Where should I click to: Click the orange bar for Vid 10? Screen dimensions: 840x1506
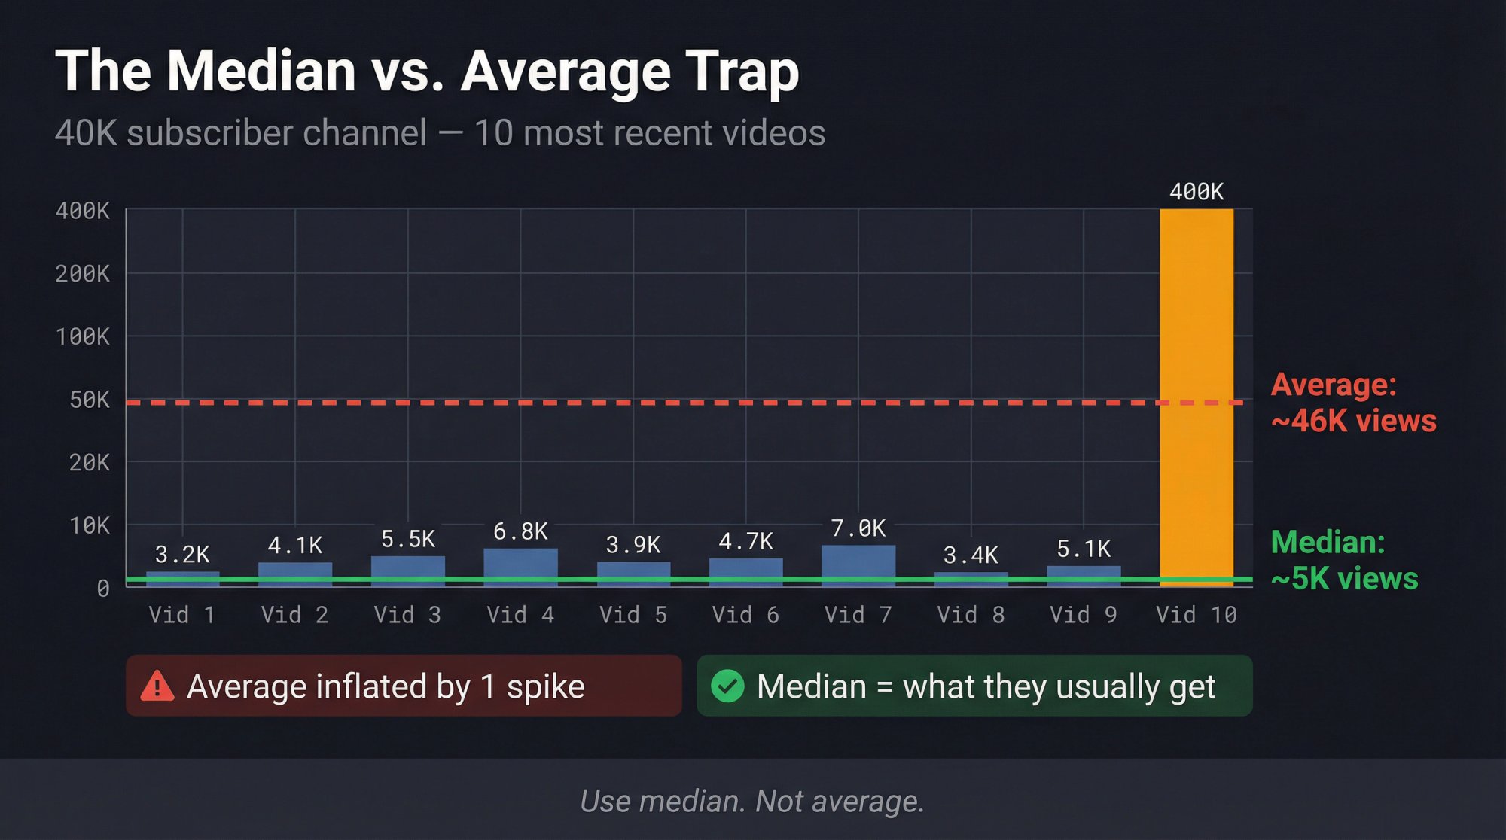pyautogui.click(x=1196, y=391)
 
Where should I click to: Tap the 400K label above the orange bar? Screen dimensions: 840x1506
pyautogui.click(x=1196, y=192)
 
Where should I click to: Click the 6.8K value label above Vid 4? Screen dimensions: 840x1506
pyautogui.click(x=520, y=531)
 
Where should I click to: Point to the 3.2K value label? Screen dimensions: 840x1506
pyautogui.click(x=182, y=555)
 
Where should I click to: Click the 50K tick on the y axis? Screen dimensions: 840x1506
pyautogui.click(x=89, y=400)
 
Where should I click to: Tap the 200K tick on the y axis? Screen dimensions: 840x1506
pyautogui.click(x=82, y=273)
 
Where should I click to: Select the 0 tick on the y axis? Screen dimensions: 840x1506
pyautogui.click(x=103, y=589)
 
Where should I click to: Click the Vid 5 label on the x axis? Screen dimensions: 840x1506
pyautogui.click(x=633, y=615)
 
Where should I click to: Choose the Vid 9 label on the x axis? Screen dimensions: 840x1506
pyautogui.click(x=1083, y=615)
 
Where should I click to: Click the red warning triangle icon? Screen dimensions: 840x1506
pyautogui.click(x=157, y=686)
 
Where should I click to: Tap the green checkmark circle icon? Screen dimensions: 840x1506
pyautogui.click(x=727, y=686)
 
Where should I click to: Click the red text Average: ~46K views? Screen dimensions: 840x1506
pyautogui.click(x=1352, y=403)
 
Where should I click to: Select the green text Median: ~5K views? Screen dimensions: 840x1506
pyautogui.click(x=1344, y=560)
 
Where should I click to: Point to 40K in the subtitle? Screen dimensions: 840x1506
pyautogui.click(x=86, y=133)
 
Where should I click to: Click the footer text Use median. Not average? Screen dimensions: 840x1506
pyautogui.click(x=751, y=801)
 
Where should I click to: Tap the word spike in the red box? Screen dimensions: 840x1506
pyautogui.click(x=545, y=686)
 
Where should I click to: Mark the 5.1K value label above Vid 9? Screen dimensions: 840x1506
pyautogui.click(x=1083, y=549)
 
